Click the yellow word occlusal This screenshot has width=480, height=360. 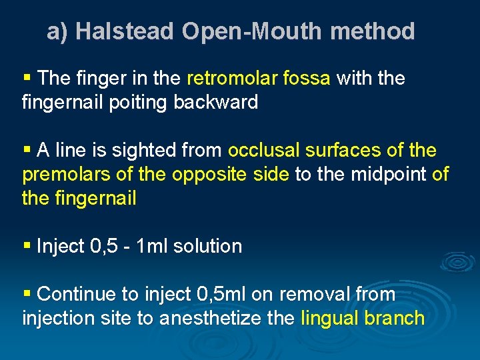click(x=264, y=151)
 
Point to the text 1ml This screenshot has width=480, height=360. click(x=153, y=246)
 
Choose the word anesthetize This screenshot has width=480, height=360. click(x=213, y=318)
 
